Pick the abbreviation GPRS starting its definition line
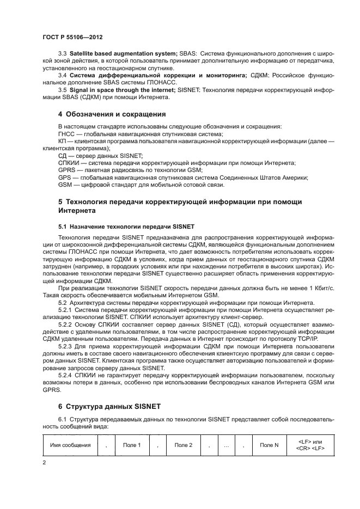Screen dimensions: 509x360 click(x=66, y=170)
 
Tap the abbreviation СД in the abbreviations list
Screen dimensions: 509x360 click(x=62, y=155)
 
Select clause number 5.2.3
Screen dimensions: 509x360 click(x=65, y=346)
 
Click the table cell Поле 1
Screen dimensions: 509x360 click(x=132, y=445)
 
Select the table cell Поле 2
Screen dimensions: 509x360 click(x=183, y=445)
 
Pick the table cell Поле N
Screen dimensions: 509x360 click(x=269, y=445)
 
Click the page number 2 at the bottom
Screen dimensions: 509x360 click(x=44, y=462)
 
